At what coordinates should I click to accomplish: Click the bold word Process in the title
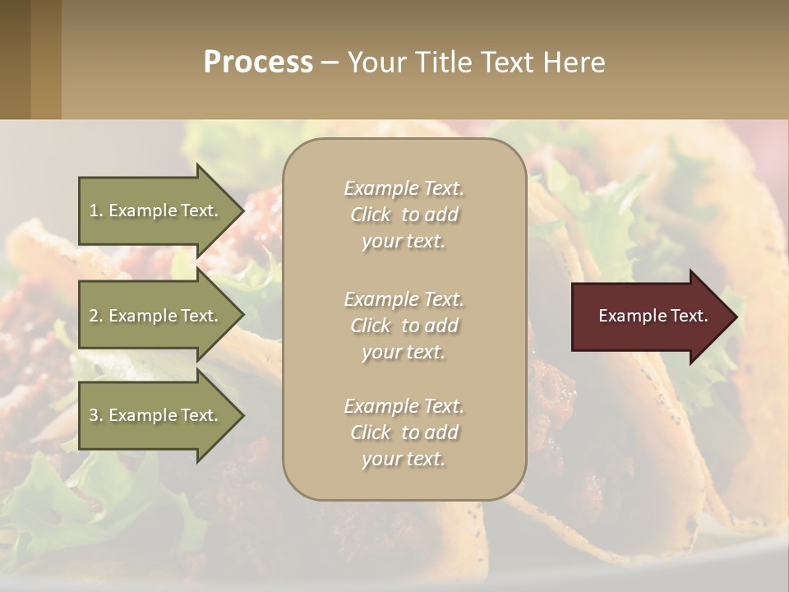pyautogui.click(x=258, y=62)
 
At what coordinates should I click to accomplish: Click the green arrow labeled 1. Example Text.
pyautogui.click(x=156, y=210)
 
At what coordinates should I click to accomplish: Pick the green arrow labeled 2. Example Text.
pyautogui.click(x=156, y=316)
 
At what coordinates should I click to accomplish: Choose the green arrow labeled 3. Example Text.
pyautogui.click(x=156, y=415)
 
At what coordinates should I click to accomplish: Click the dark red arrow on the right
pyautogui.click(x=649, y=317)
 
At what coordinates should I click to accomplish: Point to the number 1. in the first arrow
pyautogui.click(x=96, y=210)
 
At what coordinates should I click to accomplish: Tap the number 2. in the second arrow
pyautogui.click(x=96, y=316)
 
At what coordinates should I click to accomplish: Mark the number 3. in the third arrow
pyautogui.click(x=96, y=415)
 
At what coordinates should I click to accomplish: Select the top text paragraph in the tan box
pyautogui.click(x=404, y=215)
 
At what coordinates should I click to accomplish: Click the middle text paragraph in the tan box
pyautogui.click(x=404, y=325)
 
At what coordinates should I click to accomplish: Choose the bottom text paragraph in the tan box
pyautogui.click(x=404, y=432)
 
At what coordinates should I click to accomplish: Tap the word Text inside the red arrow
pyautogui.click(x=690, y=316)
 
